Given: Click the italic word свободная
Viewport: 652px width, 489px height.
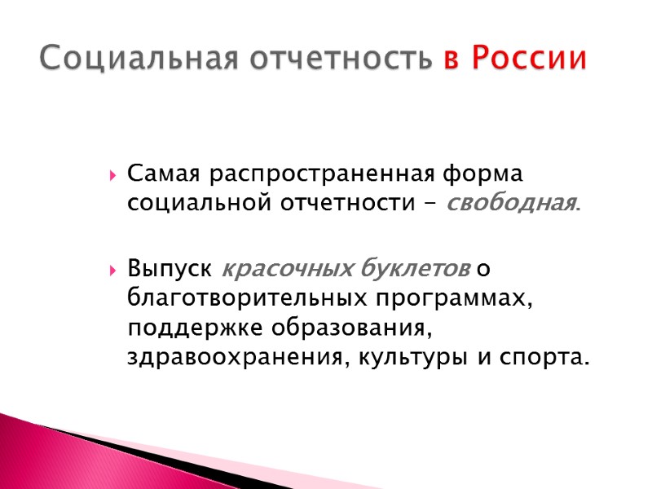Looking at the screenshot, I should click(510, 204).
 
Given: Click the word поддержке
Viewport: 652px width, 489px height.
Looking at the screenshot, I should click(191, 328).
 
